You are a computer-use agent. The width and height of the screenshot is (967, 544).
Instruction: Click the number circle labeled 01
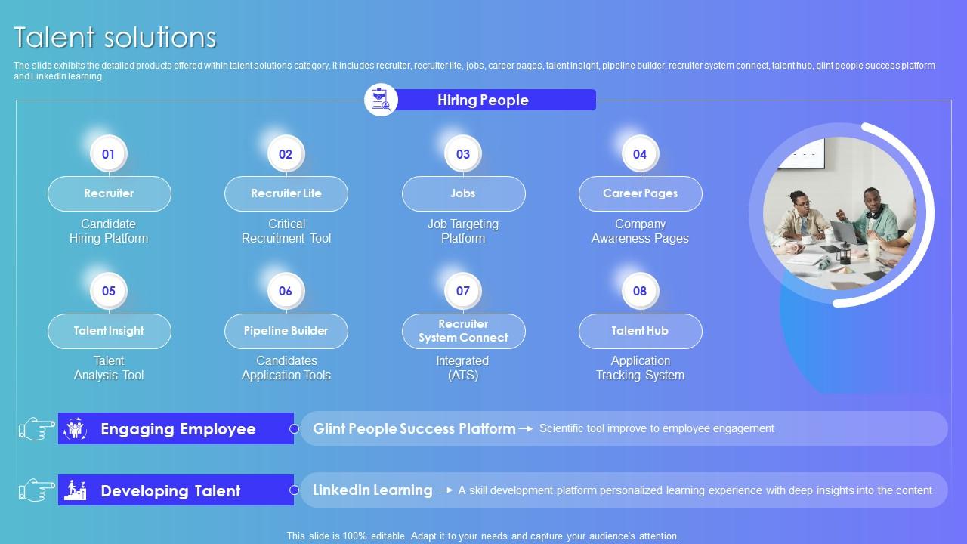[x=108, y=153]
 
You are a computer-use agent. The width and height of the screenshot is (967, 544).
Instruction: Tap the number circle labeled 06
[x=286, y=291]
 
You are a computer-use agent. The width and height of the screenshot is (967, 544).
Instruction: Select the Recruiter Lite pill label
[x=286, y=193]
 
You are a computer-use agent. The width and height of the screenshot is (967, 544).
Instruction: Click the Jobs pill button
[x=464, y=193]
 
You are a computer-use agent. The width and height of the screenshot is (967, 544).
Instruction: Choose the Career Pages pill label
[x=641, y=193]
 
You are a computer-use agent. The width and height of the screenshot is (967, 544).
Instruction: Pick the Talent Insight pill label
[x=110, y=331]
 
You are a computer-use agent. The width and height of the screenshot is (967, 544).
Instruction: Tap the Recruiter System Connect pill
[x=464, y=331]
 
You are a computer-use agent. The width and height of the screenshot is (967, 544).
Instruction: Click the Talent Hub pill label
[x=641, y=331]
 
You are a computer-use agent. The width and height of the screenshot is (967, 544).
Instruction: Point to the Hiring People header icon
[x=381, y=100]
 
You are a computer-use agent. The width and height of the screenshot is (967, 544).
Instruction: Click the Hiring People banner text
[x=483, y=100]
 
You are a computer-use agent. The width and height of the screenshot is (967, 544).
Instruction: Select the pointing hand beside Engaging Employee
[x=37, y=428]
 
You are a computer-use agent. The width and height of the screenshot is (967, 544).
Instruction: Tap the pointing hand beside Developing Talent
[x=37, y=490]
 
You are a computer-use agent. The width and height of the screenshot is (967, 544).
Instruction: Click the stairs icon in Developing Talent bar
[x=75, y=490]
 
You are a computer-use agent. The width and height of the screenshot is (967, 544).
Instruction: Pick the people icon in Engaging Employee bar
[x=75, y=428]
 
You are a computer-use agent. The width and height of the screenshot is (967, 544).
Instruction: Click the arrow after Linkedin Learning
[x=445, y=490]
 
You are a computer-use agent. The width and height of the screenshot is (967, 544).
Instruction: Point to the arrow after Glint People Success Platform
[x=526, y=428]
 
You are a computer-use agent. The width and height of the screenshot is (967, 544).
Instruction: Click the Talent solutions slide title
[x=116, y=37]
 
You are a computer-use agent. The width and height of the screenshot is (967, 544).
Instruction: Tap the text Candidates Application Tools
[x=286, y=368]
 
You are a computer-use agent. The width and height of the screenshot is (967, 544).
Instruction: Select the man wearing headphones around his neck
[x=874, y=216]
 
